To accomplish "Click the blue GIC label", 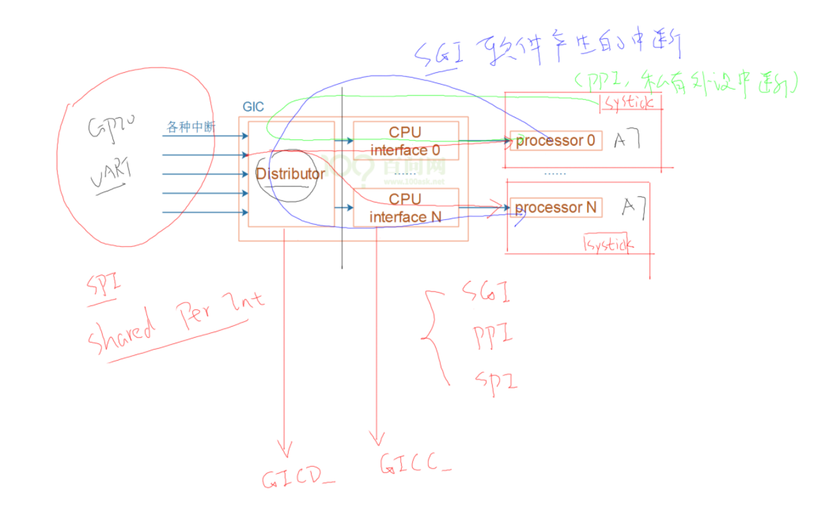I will coord(253,107).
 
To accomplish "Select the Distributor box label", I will coord(290,173).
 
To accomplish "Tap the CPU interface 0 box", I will coord(405,141).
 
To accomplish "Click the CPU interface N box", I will coord(405,207).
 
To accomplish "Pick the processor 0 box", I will coord(555,141).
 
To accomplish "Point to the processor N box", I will coord(555,207).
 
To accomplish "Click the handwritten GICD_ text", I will coord(298,479).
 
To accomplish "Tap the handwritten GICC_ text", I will coord(415,463).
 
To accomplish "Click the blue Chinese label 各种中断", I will coord(191,128).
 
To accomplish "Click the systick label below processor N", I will coord(609,244).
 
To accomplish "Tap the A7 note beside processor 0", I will coord(627,141).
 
